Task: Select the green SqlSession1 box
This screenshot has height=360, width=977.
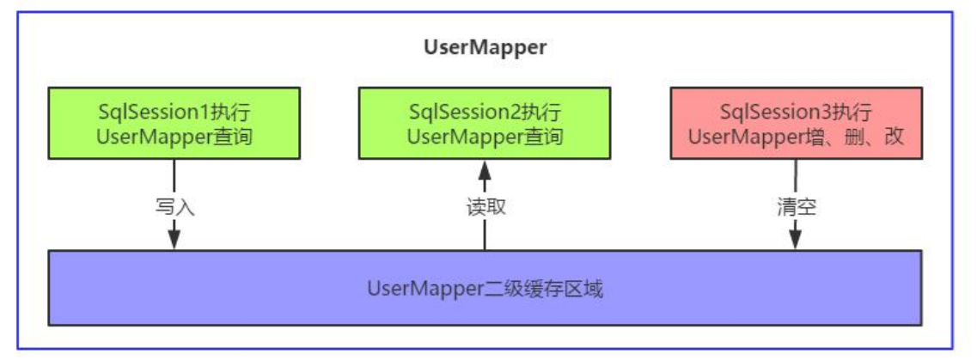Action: pos(174,124)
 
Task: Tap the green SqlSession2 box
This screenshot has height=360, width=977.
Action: pos(485,124)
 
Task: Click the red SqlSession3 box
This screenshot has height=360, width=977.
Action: pos(796,124)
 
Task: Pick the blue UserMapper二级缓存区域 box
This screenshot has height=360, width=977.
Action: pos(485,288)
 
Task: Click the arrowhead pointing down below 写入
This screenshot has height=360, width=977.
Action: pos(174,238)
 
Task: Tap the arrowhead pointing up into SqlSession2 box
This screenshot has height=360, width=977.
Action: pos(485,172)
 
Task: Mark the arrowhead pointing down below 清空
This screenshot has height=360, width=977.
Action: pos(796,238)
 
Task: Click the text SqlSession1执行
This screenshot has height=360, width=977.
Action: pos(174,112)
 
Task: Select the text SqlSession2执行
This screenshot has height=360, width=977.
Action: pos(485,112)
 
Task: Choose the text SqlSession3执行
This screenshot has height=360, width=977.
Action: pos(796,112)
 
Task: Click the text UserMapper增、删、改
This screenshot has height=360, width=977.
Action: pos(796,136)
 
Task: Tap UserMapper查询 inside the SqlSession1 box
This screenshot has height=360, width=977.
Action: pos(174,136)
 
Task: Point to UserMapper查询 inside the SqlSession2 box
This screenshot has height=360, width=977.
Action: pos(485,136)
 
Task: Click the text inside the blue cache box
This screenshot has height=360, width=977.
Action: pos(485,289)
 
